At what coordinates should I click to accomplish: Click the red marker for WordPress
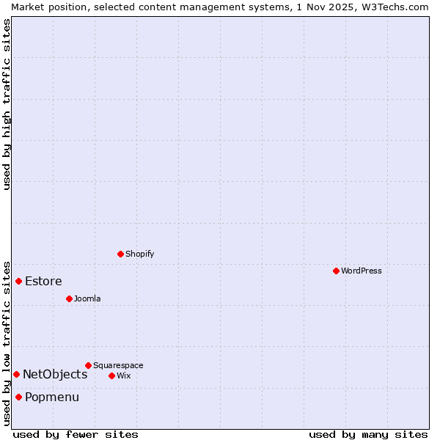click(336, 271)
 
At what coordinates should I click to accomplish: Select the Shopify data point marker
click(120, 254)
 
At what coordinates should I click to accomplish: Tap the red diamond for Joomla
click(69, 298)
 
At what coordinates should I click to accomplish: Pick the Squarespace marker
click(88, 365)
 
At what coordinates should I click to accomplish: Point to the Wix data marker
click(111, 375)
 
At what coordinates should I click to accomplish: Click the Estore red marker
click(18, 281)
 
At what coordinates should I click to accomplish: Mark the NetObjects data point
click(16, 374)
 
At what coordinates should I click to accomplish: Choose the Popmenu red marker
click(18, 397)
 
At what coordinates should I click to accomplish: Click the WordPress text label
click(362, 271)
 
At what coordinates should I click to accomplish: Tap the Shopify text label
click(140, 254)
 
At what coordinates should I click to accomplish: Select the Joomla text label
click(87, 298)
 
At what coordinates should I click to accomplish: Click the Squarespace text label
click(118, 365)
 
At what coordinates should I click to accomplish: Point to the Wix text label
click(123, 375)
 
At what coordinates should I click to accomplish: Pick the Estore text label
click(43, 281)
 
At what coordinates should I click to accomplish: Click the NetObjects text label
click(55, 374)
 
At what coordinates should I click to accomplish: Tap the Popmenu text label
click(52, 397)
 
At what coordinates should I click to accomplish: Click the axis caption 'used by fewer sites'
click(76, 434)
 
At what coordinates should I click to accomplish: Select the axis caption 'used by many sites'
click(368, 434)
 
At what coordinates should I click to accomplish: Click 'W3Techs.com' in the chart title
click(398, 7)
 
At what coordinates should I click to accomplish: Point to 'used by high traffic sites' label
click(7, 103)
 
